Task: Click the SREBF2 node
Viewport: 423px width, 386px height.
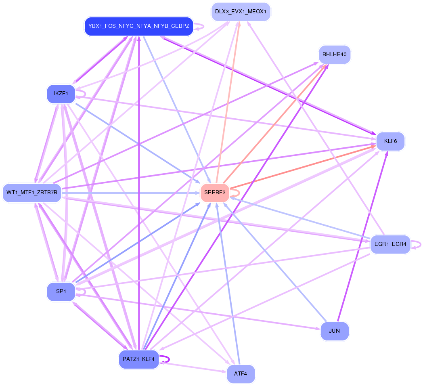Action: [215, 193]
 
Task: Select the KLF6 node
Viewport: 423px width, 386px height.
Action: [390, 141]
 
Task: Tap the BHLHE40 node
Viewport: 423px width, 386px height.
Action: [334, 54]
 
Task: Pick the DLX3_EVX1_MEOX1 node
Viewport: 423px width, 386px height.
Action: [241, 12]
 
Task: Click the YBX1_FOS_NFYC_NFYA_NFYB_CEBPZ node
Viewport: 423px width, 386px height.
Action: [138, 26]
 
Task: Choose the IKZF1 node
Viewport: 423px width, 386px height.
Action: [61, 94]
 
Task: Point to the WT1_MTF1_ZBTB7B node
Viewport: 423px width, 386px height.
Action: [32, 193]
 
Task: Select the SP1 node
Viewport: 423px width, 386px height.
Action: [61, 292]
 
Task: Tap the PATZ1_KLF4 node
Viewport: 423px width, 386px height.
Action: [138, 359]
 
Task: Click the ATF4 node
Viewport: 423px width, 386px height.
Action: [241, 373]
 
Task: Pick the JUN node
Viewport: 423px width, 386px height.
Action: [334, 331]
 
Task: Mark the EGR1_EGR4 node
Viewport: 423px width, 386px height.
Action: [390, 244]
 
